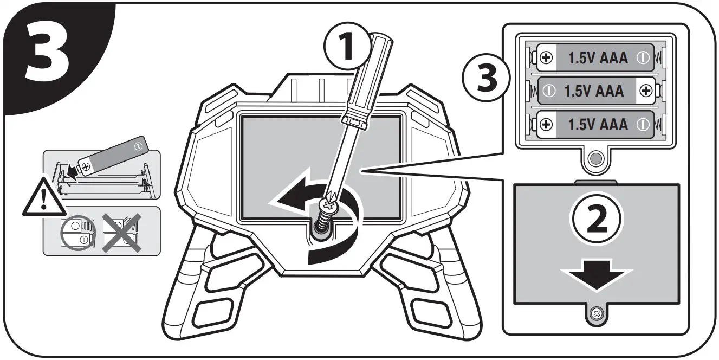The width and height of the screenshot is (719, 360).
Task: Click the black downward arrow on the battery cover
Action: click(597, 274)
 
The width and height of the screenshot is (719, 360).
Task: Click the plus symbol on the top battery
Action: click(547, 57)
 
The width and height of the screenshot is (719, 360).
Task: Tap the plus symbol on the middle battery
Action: click(645, 91)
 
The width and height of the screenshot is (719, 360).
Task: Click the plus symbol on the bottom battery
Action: click(547, 125)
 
